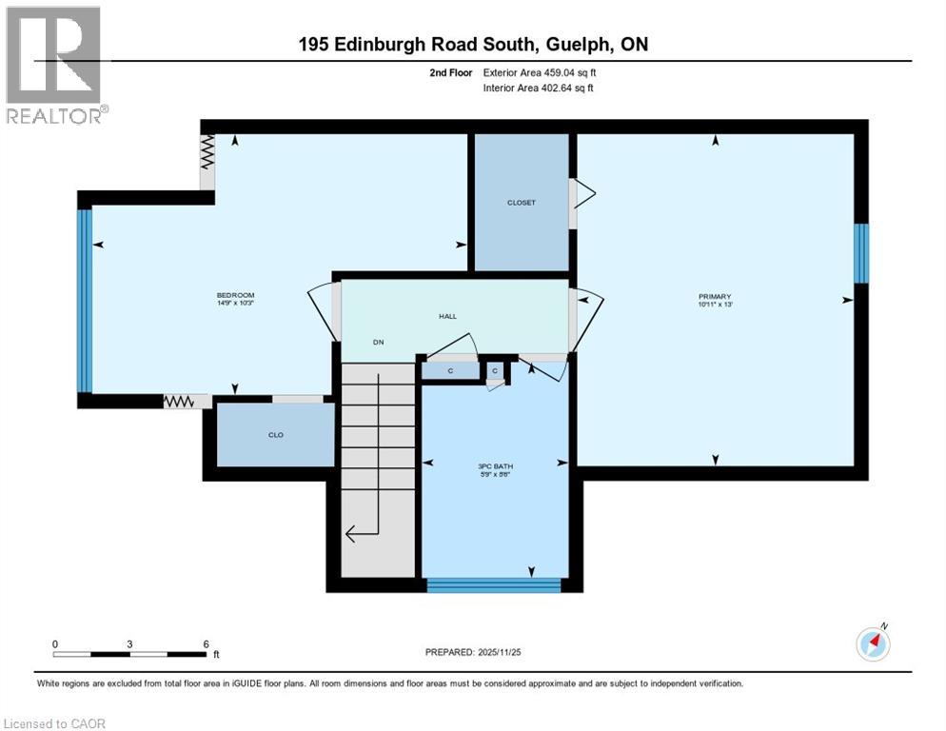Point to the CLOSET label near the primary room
point(522,203)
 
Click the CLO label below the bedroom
point(275,435)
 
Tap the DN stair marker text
point(379,343)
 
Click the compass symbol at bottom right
point(873,644)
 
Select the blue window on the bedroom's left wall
point(85,301)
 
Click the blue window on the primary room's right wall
point(860,253)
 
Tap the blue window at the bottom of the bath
point(494,584)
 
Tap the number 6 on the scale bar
point(207,643)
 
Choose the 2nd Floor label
point(451,72)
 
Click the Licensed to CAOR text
point(56,723)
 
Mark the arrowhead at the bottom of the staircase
point(349,534)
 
